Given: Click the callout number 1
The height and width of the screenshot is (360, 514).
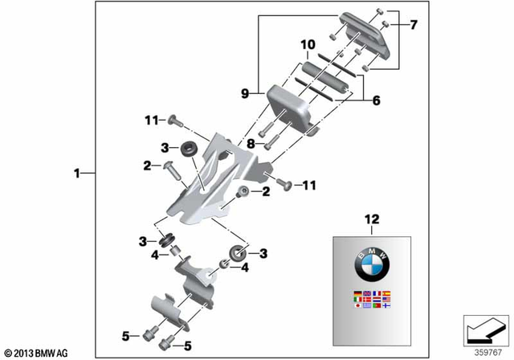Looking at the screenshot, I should pos(76,172).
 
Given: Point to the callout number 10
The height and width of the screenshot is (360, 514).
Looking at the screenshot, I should pos(306,43).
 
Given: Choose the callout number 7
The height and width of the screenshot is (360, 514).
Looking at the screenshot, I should pos(414,25).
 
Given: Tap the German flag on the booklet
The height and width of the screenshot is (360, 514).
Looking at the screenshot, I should pos(357,292).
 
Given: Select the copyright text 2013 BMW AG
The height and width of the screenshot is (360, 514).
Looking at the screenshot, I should pos(35,352).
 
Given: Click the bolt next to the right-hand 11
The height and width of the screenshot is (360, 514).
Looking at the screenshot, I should pos(283,185).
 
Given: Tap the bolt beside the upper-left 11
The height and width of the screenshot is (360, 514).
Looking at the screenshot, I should pos(174,121).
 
